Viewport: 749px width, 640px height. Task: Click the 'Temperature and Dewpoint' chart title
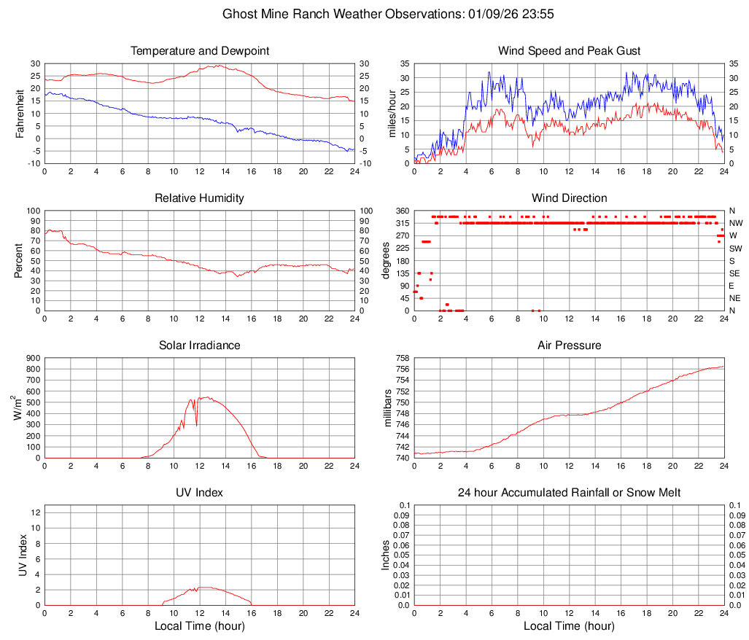click(x=199, y=51)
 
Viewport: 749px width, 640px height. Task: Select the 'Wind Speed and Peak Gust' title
click(x=569, y=51)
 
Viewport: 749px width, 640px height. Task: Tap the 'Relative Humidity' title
click(x=199, y=198)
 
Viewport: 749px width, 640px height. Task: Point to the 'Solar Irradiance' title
click(x=199, y=346)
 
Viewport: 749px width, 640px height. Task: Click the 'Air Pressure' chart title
click(x=569, y=346)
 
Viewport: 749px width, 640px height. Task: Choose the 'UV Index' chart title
click(x=199, y=493)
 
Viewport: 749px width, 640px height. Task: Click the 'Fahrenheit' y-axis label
click(x=20, y=114)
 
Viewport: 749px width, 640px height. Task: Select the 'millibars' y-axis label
click(x=388, y=408)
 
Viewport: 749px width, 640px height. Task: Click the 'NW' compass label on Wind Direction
click(x=736, y=223)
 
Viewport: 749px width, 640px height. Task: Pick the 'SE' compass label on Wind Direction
click(x=735, y=273)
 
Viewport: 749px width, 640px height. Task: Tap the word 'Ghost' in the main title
click(x=239, y=14)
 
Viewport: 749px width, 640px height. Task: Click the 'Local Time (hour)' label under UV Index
click(x=199, y=626)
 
